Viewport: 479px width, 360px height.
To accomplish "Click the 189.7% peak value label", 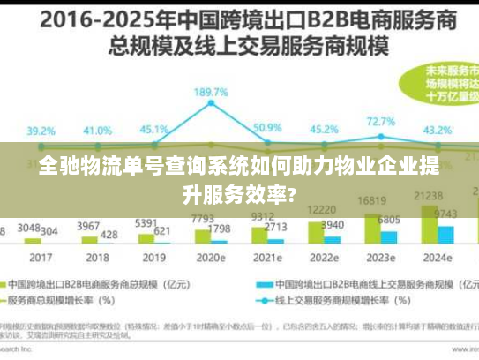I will [211, 92].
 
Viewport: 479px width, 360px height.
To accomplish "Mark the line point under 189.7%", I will [211, 104].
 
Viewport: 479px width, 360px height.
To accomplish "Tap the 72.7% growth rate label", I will [380, 122].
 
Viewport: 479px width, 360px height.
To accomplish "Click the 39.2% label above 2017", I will [41, 131].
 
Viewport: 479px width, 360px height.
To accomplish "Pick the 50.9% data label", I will [267, 128].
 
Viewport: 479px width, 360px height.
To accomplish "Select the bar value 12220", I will [320, 209].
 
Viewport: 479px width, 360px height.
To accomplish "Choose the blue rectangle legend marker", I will [262, 285].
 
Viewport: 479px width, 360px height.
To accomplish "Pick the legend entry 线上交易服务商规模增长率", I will [335, 301].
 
